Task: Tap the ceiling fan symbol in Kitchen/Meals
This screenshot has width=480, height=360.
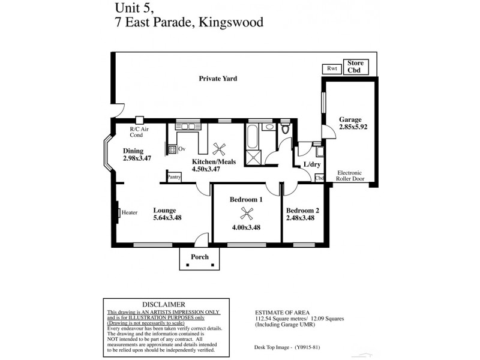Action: point(218,148)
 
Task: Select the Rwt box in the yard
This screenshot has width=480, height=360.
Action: point(332,69)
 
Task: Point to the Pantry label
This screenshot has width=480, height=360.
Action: point(175,177)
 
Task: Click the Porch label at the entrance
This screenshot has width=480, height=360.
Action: point(200,257)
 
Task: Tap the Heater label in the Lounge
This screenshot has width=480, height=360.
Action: point(130,212)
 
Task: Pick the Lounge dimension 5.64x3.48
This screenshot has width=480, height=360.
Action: point(167,218)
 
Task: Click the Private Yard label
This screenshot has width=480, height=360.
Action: point(218,79)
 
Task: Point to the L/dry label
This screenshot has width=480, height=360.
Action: point(312,164)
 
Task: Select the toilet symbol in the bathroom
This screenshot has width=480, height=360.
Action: point(286,128)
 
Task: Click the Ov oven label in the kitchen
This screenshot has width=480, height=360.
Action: point(181,148)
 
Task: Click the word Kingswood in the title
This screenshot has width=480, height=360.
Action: point(224,23)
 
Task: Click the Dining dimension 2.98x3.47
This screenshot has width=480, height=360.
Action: point(137,159)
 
